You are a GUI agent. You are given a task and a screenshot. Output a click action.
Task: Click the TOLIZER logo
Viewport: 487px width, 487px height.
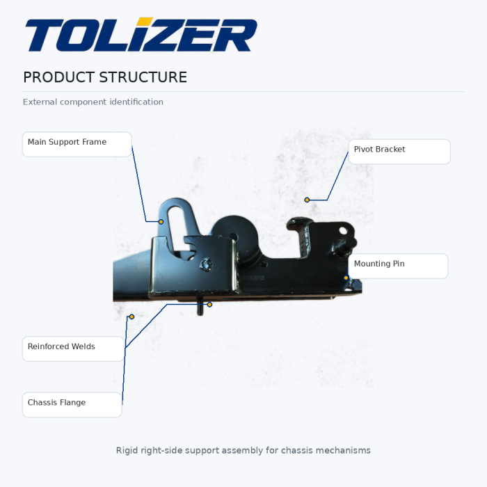coord(141,35)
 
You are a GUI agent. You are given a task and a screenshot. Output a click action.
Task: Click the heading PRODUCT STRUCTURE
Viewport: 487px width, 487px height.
coord(105,77)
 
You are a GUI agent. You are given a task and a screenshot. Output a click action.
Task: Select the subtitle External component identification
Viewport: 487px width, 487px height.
coord(93,102)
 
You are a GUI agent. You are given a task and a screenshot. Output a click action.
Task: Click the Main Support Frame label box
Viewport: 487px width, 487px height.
coord(77,145)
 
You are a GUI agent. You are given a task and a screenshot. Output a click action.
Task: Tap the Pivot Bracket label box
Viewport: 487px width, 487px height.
coord(399,152)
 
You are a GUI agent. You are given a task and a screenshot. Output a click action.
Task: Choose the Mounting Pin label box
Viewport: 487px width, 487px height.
coord(398,266)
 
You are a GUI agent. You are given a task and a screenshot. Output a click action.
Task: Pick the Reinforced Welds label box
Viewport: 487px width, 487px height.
coord(73,349)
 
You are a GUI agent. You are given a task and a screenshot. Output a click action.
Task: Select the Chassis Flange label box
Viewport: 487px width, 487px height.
coord(72,405)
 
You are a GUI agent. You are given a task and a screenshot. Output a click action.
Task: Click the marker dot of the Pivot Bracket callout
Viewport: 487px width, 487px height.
coord(307,200)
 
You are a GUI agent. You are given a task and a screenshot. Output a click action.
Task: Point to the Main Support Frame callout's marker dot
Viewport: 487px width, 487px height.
coord(161,222)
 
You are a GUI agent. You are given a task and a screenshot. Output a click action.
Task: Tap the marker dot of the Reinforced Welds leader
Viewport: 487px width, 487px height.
coord(209,305)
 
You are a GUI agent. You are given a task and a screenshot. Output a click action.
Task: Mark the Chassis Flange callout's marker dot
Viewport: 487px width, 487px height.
coord(131,317)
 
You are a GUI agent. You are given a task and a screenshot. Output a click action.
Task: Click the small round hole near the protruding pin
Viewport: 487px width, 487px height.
coord(343,231)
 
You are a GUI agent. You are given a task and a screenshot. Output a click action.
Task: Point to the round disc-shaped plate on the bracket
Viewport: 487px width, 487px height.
coord(235,235)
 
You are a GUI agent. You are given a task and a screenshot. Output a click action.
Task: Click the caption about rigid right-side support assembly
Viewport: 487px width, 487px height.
coord(243,450)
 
